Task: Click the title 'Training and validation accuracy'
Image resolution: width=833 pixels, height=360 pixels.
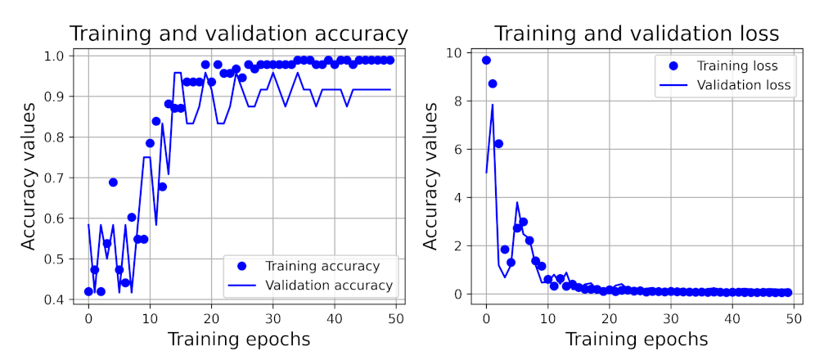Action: (x=238, y=34)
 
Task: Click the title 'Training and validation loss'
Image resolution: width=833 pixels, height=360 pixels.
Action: (x=637, y=34)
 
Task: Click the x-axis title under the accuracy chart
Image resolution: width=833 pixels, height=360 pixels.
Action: (x=238, y=339)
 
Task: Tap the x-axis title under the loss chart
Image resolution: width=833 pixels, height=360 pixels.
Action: (x=637, y=339)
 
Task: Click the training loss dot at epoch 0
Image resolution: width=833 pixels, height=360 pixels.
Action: (x=486, y=60)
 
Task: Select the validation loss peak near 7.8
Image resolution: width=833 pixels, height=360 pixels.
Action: (x=493, y=105)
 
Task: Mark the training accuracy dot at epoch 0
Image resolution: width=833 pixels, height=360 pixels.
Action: (x=88, y=291)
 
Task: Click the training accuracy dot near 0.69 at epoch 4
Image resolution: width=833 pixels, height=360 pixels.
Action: (x=113, y=182)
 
